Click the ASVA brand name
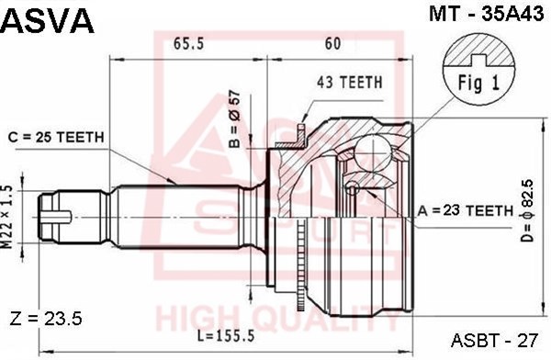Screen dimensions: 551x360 (x=48, y=21)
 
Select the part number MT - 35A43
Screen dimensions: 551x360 (x=487, y=14)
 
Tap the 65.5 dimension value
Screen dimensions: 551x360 (x=188, y=44)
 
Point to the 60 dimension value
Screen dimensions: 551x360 (x=332, y=43)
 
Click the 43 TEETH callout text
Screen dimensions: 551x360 (x=349, y=83)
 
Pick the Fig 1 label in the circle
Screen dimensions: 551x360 (x=478, y=84)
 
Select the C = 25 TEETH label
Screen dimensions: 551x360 (x=56, y=137)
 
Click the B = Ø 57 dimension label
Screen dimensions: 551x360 (x=235, y=119)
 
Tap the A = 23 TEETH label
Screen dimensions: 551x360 (x=466, y=210)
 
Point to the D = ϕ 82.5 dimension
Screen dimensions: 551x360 (x=527, y=210)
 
